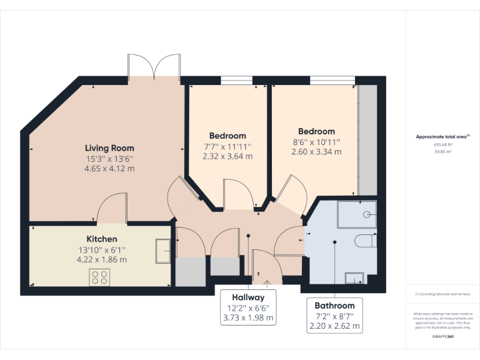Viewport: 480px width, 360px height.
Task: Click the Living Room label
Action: [110, 148]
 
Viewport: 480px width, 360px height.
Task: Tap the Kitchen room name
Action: [101, 239]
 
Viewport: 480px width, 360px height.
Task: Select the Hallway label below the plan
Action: [248, 297]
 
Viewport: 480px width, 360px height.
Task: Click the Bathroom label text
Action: [334, 306]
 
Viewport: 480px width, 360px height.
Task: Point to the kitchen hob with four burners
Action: [99, 277]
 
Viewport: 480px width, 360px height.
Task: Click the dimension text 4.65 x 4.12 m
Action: [110, 169]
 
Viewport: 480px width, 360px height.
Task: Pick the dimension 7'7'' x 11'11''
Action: [227, 146]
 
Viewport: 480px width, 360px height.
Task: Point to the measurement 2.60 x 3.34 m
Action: [316, 152]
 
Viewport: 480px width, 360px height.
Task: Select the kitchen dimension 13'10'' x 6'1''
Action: [101, 249]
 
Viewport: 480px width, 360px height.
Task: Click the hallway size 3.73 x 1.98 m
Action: [248, 317]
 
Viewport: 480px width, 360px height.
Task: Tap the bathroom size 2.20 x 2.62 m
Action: [334, 326]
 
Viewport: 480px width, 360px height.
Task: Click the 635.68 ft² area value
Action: [442, 144]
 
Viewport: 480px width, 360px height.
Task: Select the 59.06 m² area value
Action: [442, 151]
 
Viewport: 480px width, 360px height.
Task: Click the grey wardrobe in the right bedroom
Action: [367, 140]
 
